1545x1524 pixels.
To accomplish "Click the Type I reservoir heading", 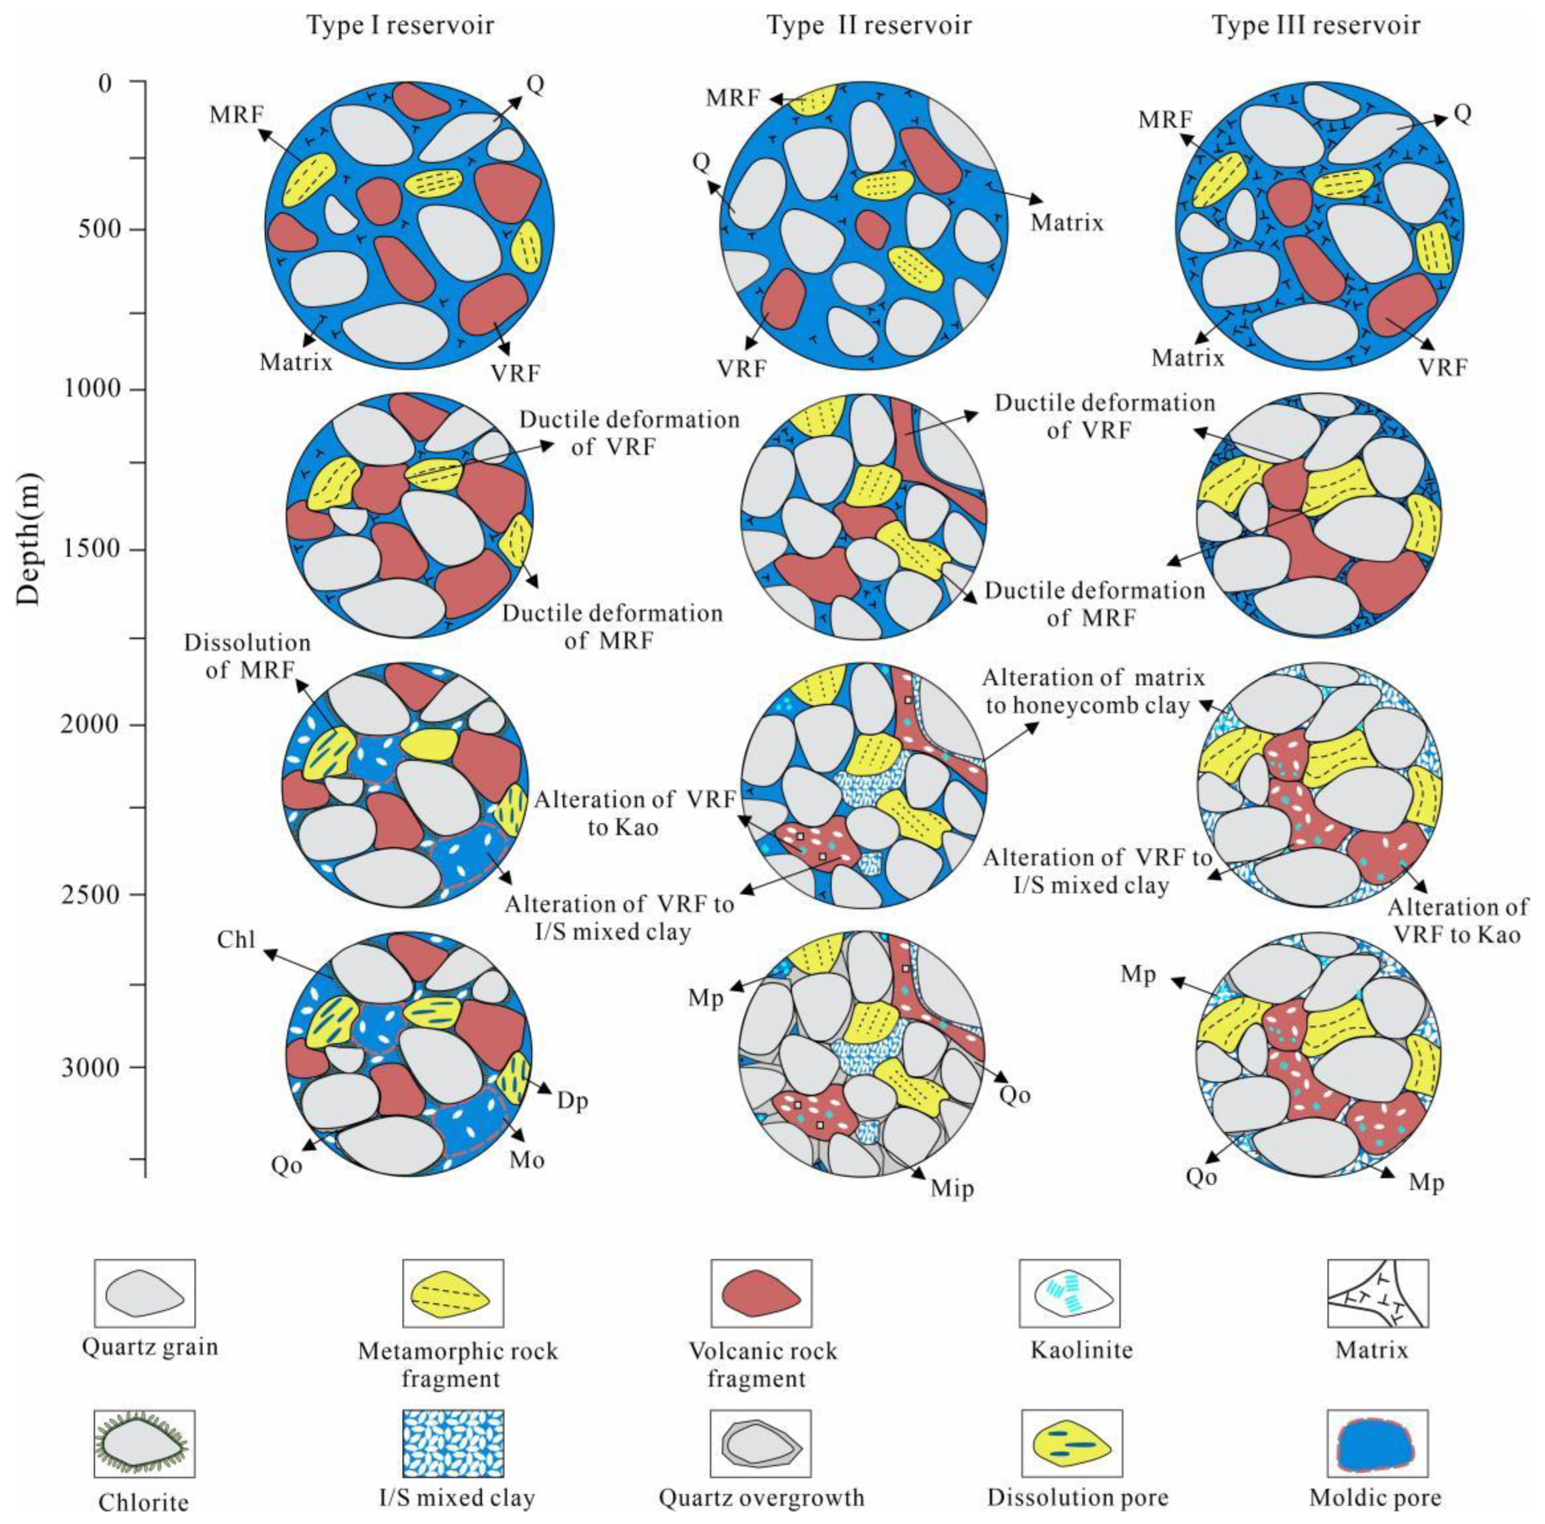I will coord(400,26).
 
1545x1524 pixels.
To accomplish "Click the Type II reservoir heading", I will coord(869,26).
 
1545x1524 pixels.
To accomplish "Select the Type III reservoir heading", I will coord(1316,26).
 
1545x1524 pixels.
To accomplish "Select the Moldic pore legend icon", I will coord(1377,1443).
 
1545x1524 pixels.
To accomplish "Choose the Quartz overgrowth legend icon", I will coord(761,1443).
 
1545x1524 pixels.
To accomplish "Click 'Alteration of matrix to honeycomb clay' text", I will coord(1093,690).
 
